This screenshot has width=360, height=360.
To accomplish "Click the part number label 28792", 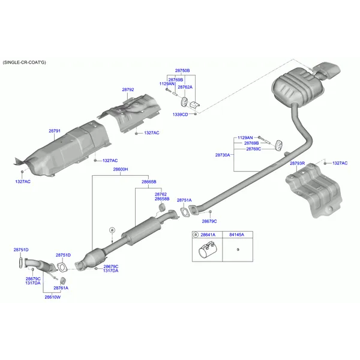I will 128,90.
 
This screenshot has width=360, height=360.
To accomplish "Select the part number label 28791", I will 55,130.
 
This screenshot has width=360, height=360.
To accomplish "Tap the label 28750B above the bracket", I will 182,70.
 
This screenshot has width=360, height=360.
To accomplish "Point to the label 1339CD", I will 180,114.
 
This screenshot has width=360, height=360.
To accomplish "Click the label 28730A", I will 223,155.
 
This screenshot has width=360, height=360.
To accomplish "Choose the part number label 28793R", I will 298,163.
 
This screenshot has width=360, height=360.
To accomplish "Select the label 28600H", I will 120,170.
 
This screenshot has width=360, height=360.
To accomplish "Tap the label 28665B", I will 149,181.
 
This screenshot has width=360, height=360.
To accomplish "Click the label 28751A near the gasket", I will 184,200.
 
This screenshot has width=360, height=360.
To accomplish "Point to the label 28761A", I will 61,288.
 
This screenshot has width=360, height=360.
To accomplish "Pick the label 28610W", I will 52,297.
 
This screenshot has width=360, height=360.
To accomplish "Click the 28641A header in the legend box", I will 208,235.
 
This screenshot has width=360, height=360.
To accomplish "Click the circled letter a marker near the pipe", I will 112,230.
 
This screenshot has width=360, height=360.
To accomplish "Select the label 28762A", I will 185,87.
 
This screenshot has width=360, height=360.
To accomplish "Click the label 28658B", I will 162,199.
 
